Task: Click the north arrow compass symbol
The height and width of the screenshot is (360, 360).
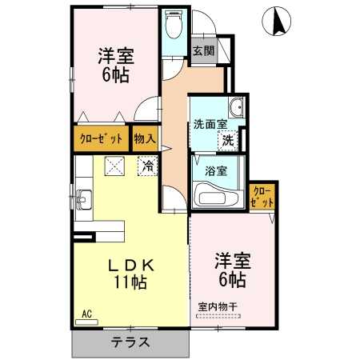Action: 276,21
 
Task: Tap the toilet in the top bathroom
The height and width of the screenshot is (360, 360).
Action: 174,25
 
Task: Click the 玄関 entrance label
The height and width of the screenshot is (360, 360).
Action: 203,50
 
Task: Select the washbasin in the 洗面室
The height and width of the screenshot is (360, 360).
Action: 236,107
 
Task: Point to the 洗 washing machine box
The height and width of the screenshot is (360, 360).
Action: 228,141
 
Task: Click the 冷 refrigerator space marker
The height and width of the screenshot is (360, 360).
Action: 148,166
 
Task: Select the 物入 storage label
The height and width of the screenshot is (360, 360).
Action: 145,138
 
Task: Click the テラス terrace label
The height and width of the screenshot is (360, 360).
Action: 130,342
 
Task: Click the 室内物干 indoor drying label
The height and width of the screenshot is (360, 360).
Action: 218,306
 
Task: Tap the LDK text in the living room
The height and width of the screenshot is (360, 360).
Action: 130,265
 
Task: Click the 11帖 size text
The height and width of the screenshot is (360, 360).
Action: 130,282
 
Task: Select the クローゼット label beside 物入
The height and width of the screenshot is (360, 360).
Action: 102,139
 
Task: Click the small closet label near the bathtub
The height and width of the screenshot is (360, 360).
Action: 262,198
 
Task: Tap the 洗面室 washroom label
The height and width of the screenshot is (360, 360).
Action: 210,125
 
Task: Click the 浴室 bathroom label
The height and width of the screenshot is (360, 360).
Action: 216,171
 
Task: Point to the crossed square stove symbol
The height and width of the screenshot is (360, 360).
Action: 114,166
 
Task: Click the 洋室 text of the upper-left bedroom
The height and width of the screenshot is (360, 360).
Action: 116,56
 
